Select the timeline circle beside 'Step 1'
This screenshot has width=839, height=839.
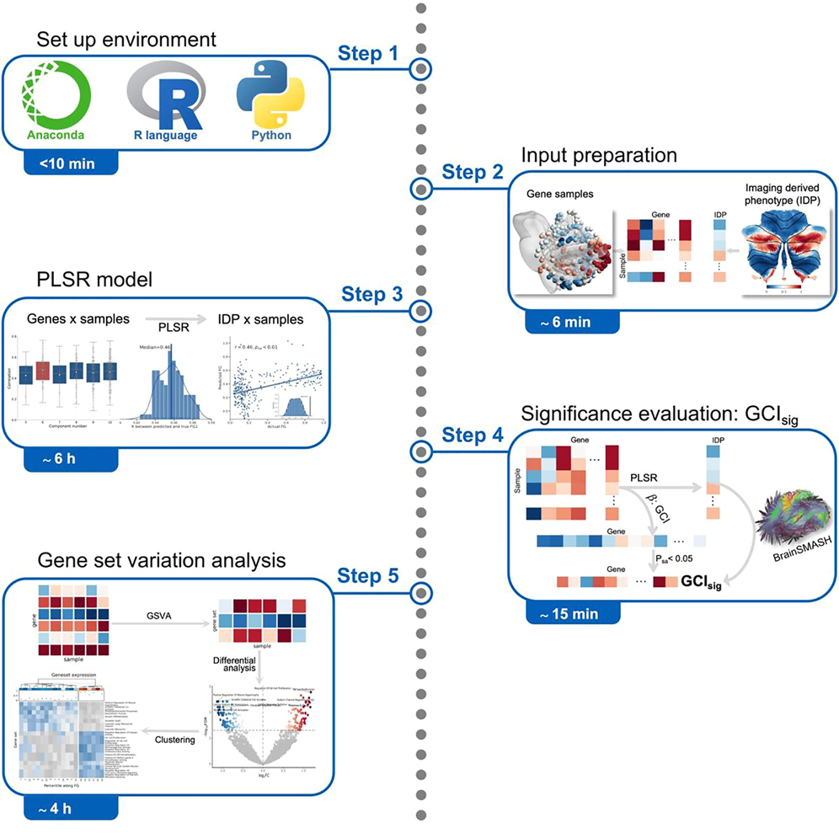419,69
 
